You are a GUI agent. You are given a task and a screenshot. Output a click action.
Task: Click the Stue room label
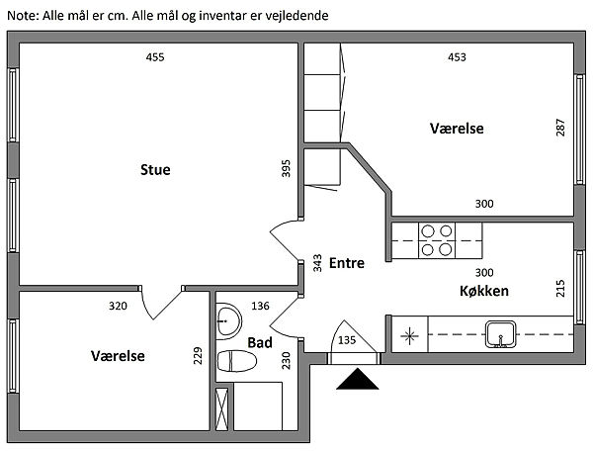click(155, 170)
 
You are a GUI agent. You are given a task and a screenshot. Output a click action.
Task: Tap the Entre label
click(347, 263)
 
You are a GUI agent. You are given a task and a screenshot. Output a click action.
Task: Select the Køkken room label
click(483, 291)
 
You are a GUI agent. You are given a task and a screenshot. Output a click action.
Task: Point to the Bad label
click(259, 342)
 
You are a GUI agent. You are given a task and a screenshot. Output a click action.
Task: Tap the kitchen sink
click(501, 334)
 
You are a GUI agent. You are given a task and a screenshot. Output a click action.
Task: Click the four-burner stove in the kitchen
click(437, 240)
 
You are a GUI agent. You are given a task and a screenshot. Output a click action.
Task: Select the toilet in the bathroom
click(237, 362)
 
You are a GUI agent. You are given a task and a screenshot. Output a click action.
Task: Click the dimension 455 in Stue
click(154, 57)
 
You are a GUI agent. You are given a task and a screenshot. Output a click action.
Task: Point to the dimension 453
click(457, 57)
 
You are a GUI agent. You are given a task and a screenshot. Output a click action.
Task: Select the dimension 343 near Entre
click(316, 262)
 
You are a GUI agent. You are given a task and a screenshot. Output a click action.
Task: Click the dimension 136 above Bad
click(261, 306)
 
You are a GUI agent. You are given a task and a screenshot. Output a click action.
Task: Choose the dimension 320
click(118, 306)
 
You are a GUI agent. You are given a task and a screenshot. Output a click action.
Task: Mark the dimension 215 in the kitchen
click(560, 288)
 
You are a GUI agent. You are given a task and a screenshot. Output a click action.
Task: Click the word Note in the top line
click(21, 16)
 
